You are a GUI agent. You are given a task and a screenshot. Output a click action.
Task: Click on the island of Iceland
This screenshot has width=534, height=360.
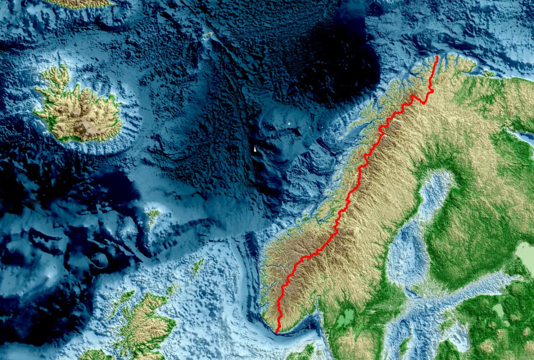[78, 112]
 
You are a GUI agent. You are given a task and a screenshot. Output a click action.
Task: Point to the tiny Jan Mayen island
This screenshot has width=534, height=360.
[208, 35]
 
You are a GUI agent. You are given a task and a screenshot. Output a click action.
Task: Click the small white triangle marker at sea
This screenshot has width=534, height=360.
[255, 149]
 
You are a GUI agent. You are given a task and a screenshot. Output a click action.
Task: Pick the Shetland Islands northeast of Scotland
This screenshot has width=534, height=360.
[198, 267]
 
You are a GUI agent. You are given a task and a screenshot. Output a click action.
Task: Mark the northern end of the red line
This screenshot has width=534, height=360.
[436, 56]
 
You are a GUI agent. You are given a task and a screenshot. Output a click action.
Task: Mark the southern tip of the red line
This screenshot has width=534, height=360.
[276, 332]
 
